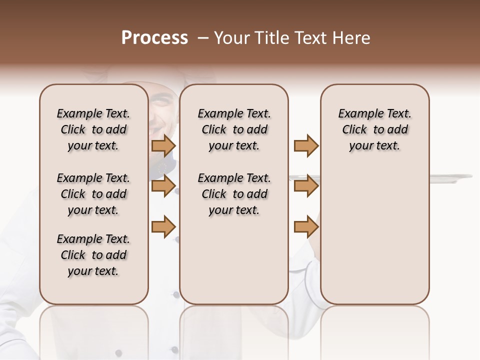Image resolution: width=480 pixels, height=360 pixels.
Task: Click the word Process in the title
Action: [154, 38]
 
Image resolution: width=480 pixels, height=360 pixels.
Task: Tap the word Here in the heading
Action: [351, 38]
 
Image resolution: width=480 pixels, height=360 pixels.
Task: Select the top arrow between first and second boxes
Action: [163, 146]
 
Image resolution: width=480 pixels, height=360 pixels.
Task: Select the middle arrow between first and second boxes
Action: [163, 186]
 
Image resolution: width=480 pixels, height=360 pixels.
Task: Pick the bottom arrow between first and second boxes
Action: [163, 226]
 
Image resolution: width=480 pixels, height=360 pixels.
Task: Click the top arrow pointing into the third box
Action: [306, 146]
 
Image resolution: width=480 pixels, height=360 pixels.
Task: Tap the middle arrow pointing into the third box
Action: [306, 186]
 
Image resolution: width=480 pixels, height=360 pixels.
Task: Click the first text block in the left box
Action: [93, 129]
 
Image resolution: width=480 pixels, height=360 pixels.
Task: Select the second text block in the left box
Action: [93, 194]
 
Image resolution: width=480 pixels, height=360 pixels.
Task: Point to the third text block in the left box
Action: [93, 255]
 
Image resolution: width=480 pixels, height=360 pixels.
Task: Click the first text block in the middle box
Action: [234, 129]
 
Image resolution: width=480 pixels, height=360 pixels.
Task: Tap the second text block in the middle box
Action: [234, 194]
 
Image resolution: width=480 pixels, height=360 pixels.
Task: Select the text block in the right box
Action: [375, 129]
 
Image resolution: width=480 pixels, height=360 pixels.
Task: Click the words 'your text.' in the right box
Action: [375, 146]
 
